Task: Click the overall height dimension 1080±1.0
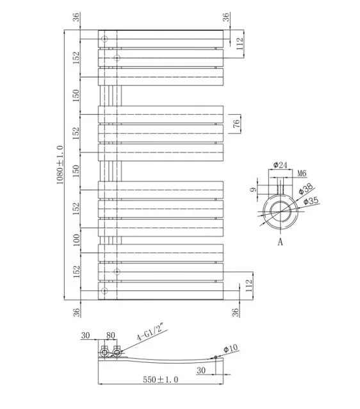point(60,165)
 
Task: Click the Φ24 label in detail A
point(279,165)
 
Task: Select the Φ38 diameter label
point(306,188)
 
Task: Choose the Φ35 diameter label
point(311,202)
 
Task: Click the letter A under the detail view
point(280,242)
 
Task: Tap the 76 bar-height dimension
point(236,124)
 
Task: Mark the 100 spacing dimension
point(76,240)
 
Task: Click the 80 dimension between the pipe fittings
point(110,335)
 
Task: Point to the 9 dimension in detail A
point(253,189)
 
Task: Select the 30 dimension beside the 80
point(86,335)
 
